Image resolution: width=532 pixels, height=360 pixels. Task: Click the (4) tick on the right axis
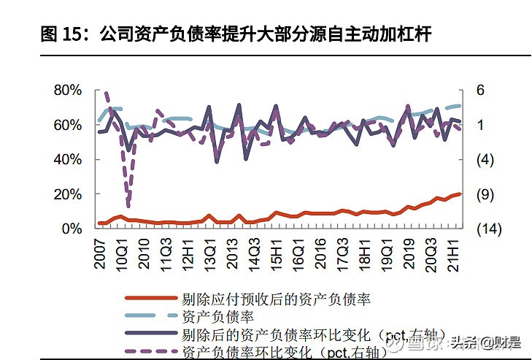(x=485, y=159)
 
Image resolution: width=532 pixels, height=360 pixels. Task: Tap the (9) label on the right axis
(x=485, y=194)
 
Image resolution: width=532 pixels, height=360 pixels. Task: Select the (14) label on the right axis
(x=488, y=229)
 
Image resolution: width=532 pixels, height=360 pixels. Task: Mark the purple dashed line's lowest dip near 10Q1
(x=128, y=205)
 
